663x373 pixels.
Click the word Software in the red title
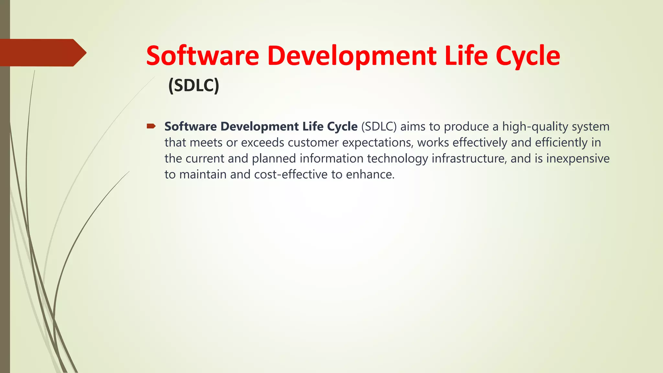[x=203, y=56]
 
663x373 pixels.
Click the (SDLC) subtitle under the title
[x=194, y=85]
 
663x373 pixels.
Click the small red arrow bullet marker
[x=151, y=126]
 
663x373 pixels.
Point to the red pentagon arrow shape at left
[x=42, y=52]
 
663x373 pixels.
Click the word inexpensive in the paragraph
[x=578, y=159]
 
